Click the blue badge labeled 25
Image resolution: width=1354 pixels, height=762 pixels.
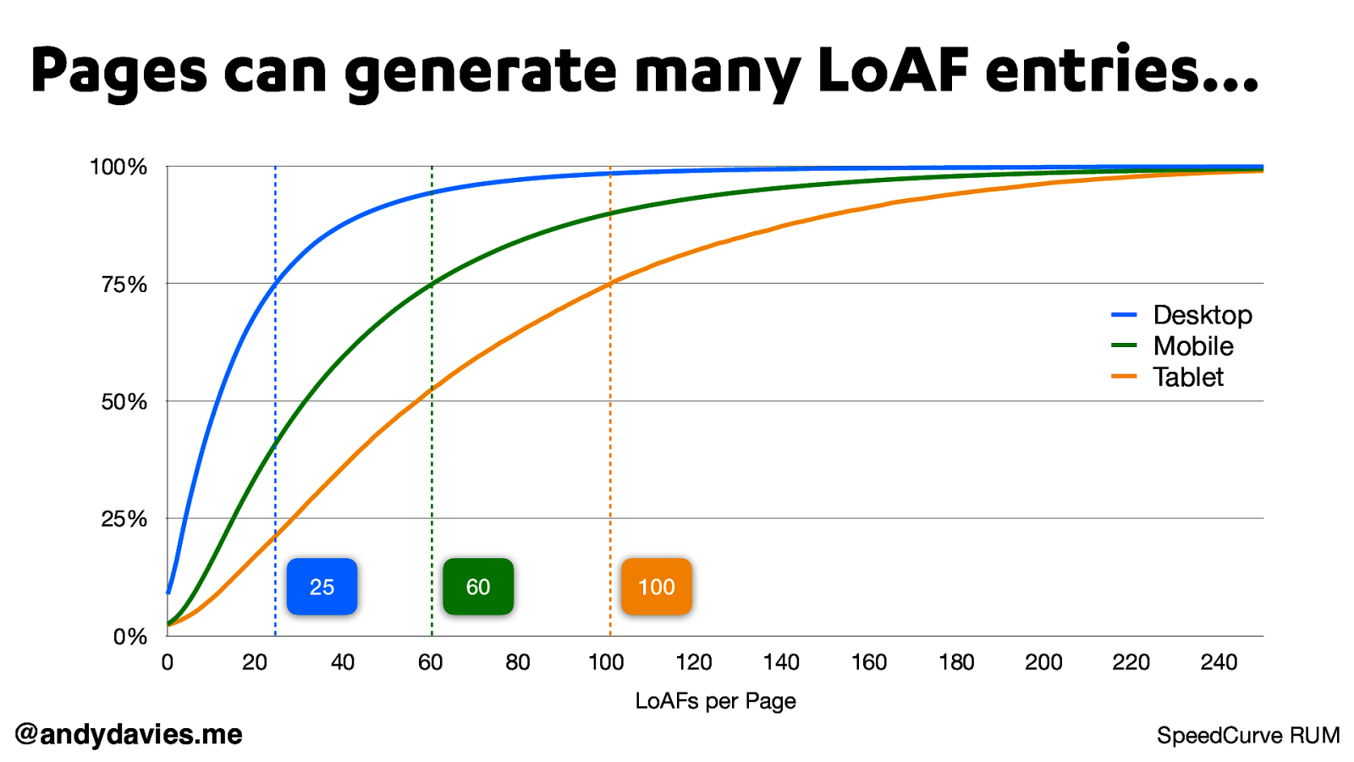[322, 587]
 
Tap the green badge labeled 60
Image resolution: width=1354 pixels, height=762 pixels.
[478, 587]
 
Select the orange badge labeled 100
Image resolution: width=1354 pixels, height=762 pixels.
[657, 587]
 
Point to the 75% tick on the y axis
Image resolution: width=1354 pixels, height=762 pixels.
[124, 284]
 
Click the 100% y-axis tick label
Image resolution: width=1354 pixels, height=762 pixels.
[118, 168]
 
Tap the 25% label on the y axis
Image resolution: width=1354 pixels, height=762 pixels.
[124, 519]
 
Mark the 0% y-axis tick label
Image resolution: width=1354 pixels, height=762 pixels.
[130, 637]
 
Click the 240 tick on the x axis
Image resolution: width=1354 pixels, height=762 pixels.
[1219, 662]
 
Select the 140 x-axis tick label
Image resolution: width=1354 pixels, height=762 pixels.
[781, 662]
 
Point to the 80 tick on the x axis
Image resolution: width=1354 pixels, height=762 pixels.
[518, 662]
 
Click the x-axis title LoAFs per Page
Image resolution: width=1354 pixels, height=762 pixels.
[715, 701]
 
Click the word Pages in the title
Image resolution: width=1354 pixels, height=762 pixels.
[118, 72]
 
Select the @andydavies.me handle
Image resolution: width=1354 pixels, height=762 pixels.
[129, 734]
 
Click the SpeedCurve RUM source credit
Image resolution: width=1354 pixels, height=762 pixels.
[1248, 736]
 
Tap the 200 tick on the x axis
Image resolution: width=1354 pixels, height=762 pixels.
[1043, 662]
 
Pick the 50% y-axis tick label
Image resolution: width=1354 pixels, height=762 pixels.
[124, 402]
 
